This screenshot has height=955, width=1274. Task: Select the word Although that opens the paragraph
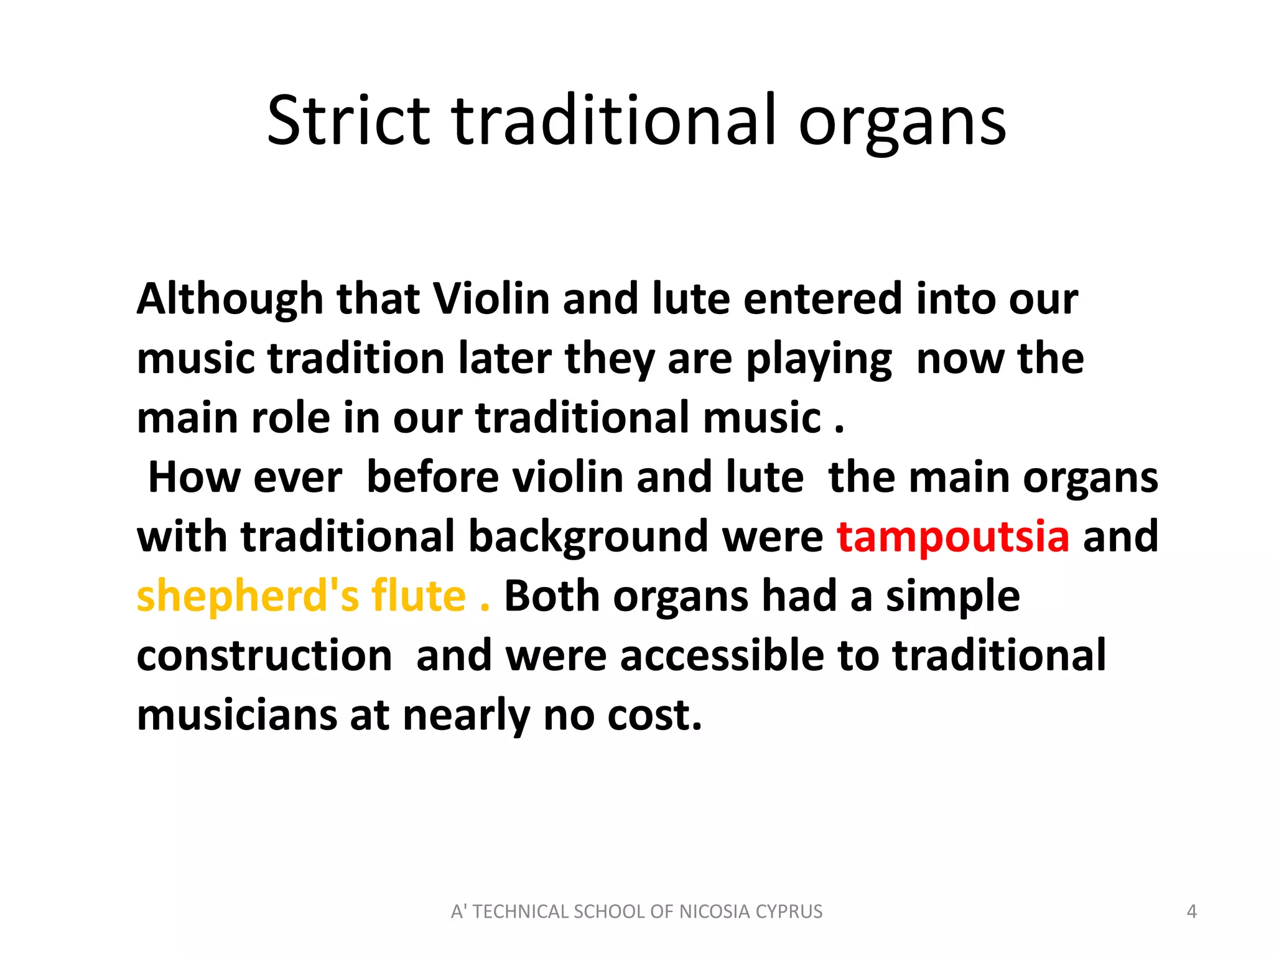point(230,299)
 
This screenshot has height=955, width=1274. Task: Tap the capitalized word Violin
point(490,299)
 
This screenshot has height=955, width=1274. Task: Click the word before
point(432,477)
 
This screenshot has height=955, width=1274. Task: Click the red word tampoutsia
point(952,537)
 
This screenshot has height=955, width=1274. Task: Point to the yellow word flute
point(419,596)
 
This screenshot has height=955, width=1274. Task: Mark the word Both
point(551,596)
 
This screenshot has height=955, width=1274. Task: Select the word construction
point(264,656)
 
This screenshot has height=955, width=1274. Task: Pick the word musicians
point(237,716)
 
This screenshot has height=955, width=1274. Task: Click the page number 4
point(1191,911)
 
